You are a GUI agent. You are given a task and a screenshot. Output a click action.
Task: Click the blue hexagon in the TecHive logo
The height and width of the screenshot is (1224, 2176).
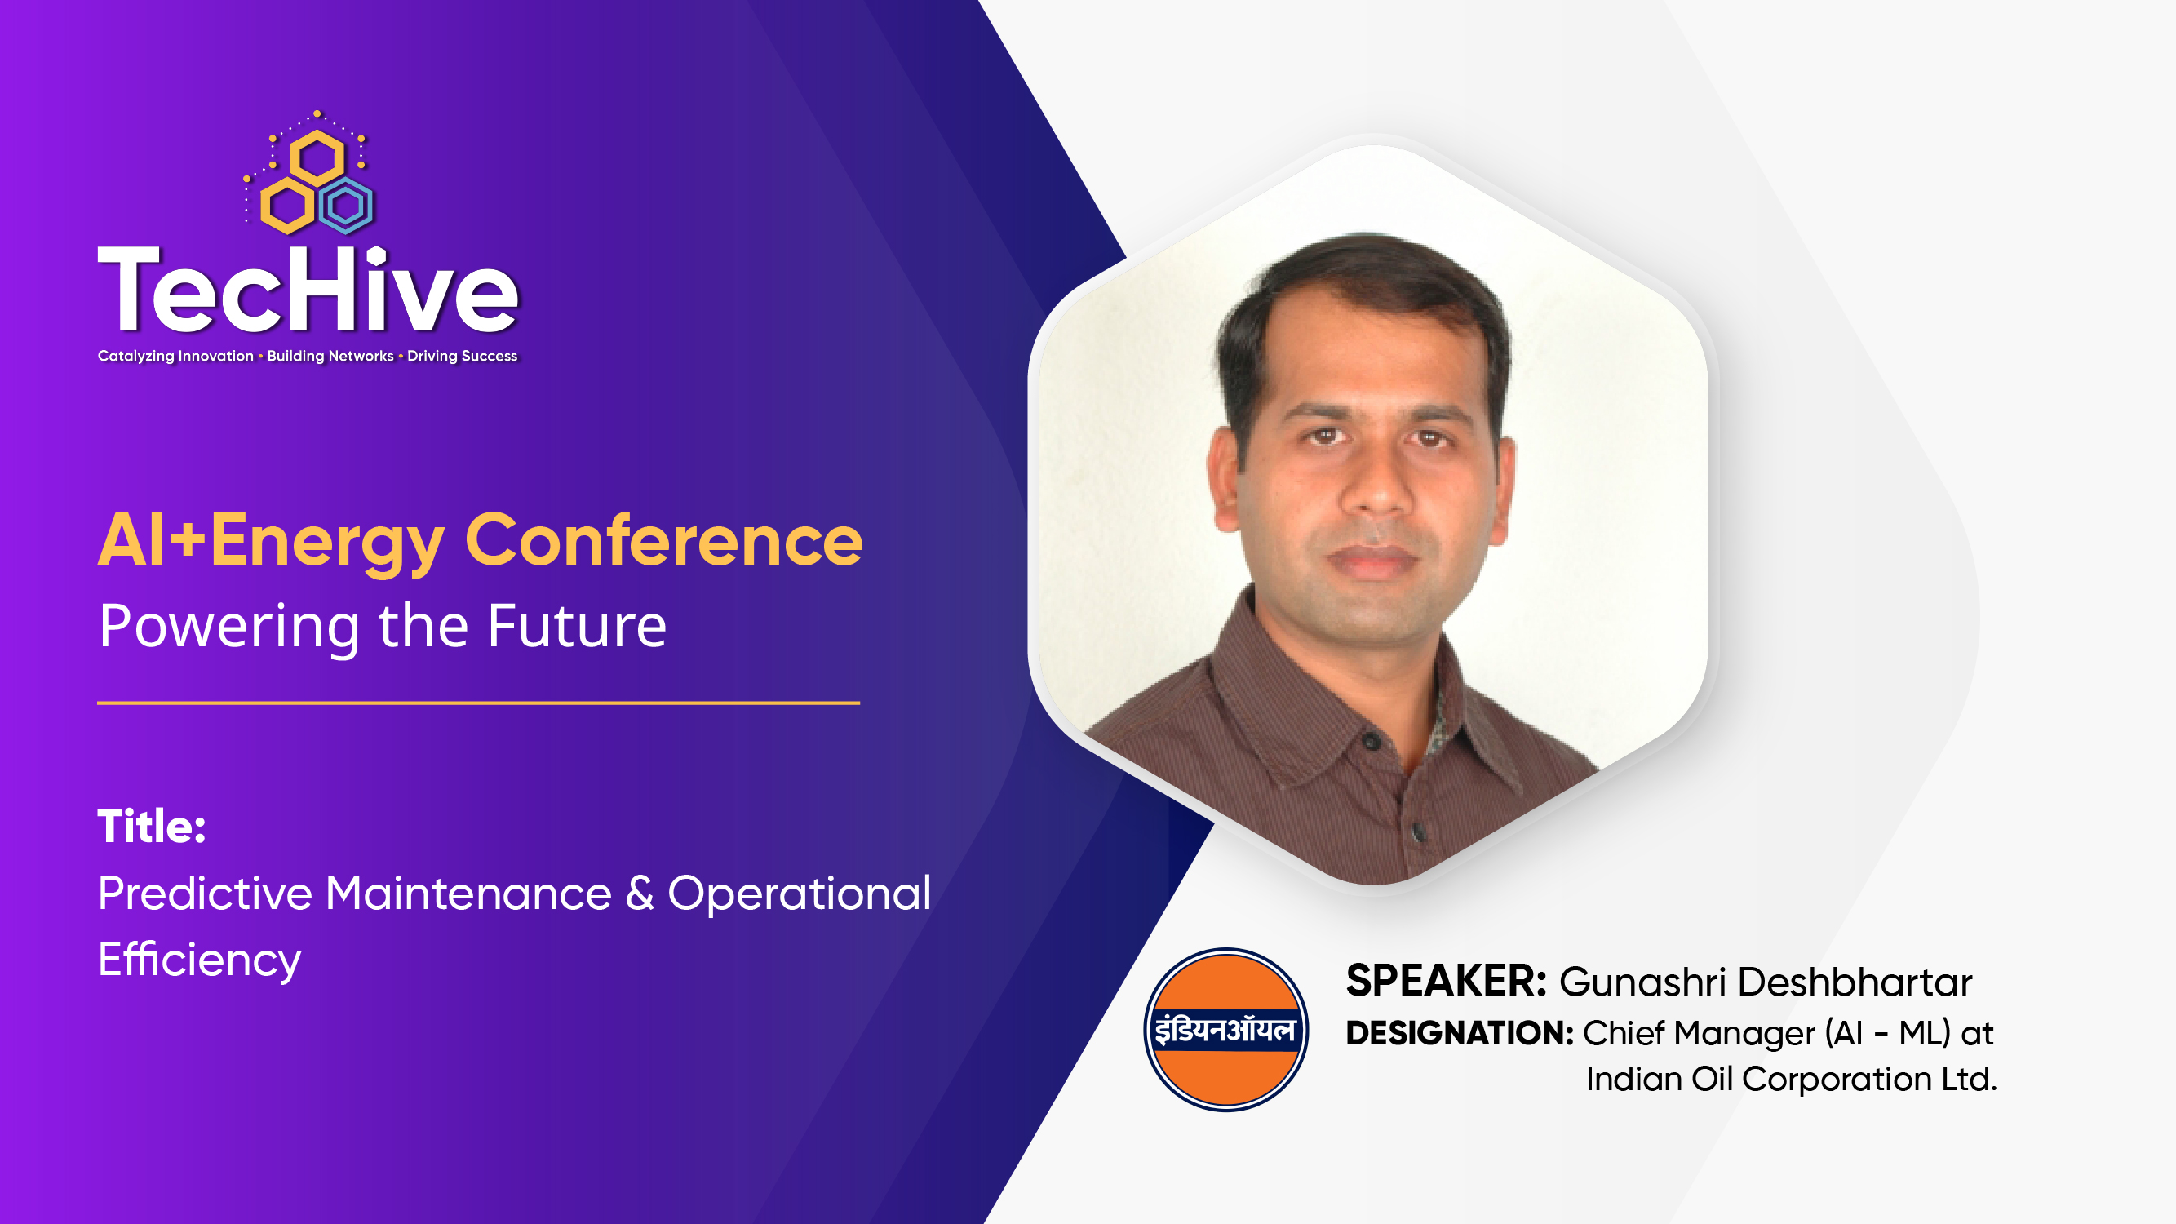pos(346,206)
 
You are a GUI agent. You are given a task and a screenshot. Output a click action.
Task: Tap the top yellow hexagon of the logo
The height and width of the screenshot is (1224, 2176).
pos(317,158)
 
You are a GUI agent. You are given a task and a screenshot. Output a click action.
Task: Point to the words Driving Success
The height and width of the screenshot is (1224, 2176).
pos(462,356)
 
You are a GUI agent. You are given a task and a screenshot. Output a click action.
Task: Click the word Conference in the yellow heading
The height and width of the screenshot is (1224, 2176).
pos(664,541)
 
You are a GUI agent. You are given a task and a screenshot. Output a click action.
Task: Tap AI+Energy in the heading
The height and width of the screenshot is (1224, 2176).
pos(270,541)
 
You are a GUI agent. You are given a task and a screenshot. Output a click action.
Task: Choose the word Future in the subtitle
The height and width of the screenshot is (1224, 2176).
pos(577,626)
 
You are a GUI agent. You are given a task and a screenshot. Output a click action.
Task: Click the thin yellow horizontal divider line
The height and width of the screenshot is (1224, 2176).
pos(478,702)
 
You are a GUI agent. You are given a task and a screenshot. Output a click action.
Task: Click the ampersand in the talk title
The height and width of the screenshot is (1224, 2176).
pos(640,893)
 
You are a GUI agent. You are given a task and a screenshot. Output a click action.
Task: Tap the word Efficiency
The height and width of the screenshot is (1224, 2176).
pos(199,960)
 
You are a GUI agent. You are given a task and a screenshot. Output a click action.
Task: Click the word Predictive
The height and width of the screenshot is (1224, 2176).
pos(206,893)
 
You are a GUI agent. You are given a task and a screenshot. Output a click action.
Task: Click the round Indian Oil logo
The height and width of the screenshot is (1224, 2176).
pos(1225,1029)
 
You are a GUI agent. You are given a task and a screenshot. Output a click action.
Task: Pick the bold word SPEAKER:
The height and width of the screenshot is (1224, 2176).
pos(1445,981)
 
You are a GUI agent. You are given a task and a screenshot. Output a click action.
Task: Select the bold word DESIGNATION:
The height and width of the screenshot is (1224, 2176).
pos(1459,1033)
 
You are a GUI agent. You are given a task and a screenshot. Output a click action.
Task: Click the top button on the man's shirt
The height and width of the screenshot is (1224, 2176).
pos(1372,741)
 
